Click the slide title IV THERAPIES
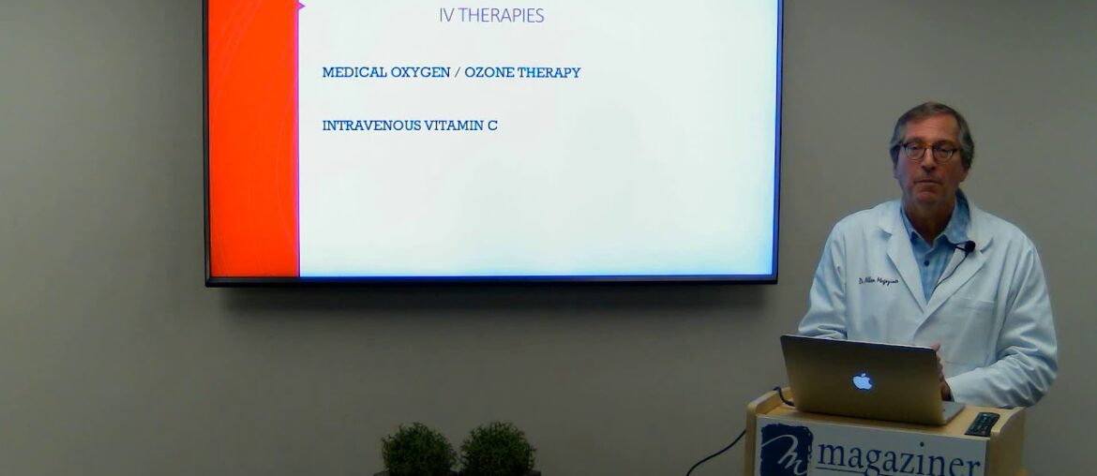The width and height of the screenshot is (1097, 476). click(x=491, y=15)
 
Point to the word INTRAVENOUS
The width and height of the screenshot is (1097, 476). click(x=371, y=126)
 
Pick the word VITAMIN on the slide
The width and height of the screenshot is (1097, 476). click(x=454, y=126)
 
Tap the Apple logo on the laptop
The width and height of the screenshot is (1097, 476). click(x=862, y=380)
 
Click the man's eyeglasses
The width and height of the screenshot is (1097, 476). click(x=928, y=150)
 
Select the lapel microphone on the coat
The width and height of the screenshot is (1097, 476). click(x=967, y=246)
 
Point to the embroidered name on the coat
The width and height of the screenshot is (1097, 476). click(x=878, y=282)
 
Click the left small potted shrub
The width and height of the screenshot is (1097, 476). click(x=418, y=451)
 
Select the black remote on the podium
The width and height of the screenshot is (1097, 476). click(x=982, y=424)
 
